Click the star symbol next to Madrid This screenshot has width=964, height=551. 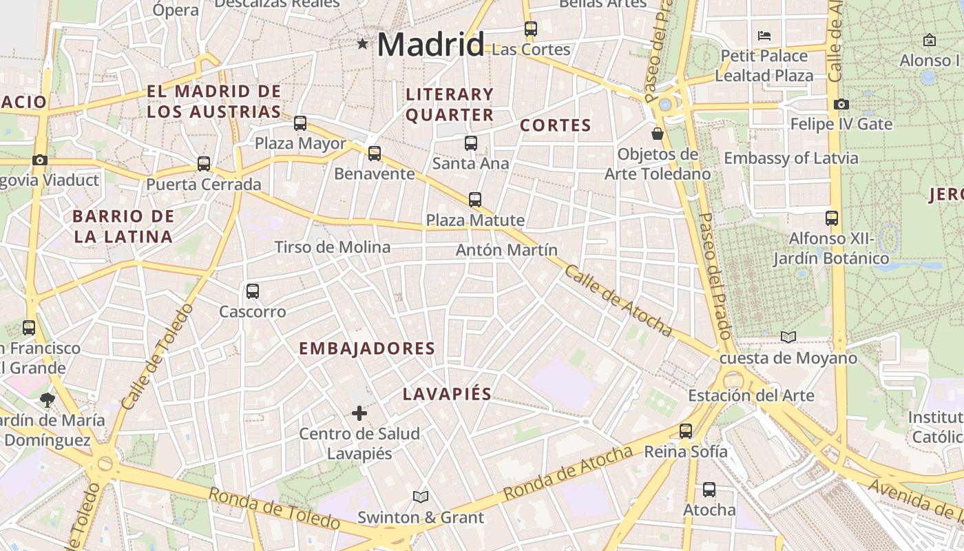click(363, 45)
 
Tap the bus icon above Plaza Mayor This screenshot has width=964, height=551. click(300, 123)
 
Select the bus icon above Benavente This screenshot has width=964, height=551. click(375, 154)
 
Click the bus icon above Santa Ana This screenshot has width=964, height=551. click(471, 143)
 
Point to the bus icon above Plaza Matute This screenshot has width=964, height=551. click(475, 200)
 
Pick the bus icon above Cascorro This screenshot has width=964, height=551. click(253, 291)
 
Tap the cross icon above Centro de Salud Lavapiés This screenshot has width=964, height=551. click(359, 413)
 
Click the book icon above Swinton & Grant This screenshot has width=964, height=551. click(421, 497)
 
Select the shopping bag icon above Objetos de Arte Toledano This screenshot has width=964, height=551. click(658, 134)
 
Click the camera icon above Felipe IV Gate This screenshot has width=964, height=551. click(841, 105)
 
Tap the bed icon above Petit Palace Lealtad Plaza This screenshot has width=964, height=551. click(764, 36)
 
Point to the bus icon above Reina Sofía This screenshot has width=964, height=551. click(686, 431)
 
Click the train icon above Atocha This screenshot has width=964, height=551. click(709, 490)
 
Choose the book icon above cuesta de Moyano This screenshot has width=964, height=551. click(788, 337)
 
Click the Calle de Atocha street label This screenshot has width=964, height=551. click(618, 300)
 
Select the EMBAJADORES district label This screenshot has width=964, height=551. click(367, 349)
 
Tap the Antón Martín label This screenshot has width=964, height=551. click(507, 250)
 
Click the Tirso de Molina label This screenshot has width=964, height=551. click(333, 247)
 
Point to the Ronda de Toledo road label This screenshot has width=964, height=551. click(274, 509)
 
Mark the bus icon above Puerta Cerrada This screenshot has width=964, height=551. click(204, 164)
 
